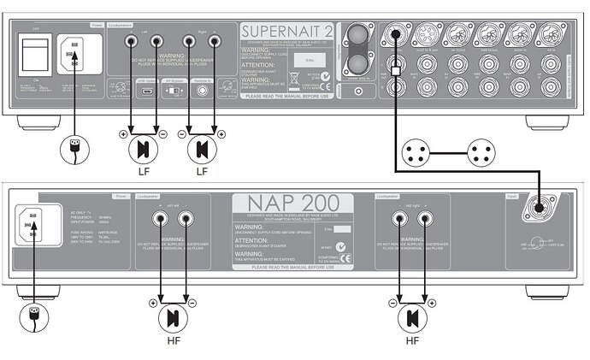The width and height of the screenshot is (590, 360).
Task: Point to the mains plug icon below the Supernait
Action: pos(74,149)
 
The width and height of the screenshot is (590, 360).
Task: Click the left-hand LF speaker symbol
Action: pos(143,149)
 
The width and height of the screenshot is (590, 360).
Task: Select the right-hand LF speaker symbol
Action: pos(202,149)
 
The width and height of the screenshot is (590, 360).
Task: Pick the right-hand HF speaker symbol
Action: pos(412,319)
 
